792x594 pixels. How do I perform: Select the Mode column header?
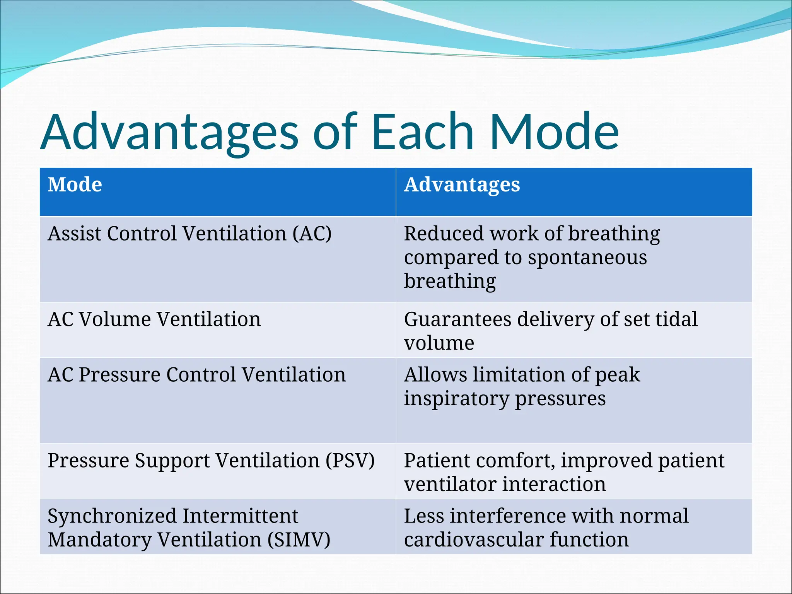(75, 184)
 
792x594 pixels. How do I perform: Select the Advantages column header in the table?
(462, 184)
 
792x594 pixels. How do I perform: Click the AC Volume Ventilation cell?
(154, 319)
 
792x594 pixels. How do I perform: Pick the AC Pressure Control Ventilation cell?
(196, 375)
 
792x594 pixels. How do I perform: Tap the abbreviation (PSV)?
(350, 461)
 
